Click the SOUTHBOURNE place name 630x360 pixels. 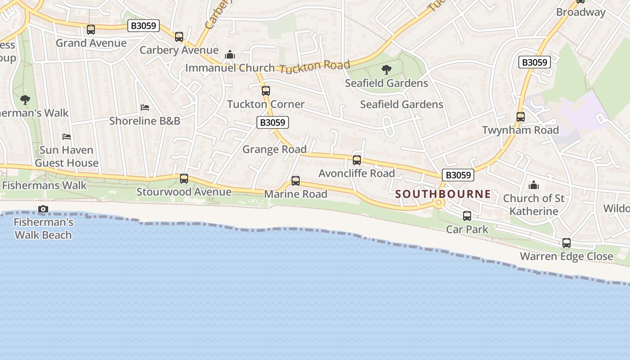[x=443, y=194]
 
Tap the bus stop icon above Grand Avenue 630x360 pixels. [x=91, y=30]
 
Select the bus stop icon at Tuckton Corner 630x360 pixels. [x=266, y=91]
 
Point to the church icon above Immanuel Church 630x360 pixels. [x=230, y=55]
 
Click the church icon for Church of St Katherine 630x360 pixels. [x=534, y=185]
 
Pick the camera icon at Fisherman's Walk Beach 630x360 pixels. [x=43, y=209]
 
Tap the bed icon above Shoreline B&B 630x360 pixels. [x=145, y=108]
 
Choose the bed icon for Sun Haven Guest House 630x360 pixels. [x=67, y=136]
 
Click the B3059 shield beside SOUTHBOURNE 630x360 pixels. [x=458, y=175]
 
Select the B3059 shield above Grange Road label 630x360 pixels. [x=273, y=122]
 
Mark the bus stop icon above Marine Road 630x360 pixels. [x=296, y=181]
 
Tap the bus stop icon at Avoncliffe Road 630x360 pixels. [x=357, y=160]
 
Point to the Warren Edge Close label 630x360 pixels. [x=567, y=256]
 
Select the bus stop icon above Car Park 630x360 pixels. [x=467, y=216]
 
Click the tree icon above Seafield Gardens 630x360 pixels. [x=386, y=70]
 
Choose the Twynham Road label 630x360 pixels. [x=520, y=130]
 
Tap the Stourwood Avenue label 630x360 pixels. [x=184, y=192]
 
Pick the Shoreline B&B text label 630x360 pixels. [x=145, y=121]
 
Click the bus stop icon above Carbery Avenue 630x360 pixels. [x=179, y=37]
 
